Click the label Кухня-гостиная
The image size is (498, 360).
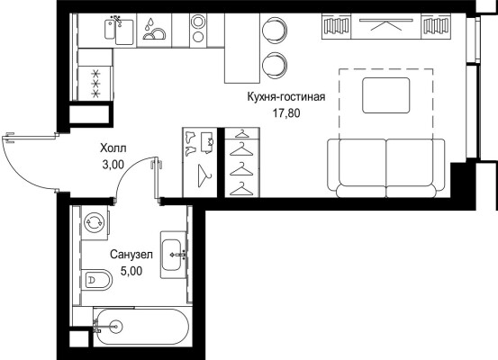click(x=286, y=97)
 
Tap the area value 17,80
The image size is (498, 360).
click(x=286, y=113)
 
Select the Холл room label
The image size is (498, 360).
click(x=113, y=148)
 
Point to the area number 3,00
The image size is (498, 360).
click(x=113, y=165)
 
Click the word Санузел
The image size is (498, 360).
click(x=131, y=255)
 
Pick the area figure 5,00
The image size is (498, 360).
click(x=131, y=271)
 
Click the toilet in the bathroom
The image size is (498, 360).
click(x=97, y=279)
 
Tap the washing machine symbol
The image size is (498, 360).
click(x=94, y=222)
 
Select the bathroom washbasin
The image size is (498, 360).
click(x=173, y=255)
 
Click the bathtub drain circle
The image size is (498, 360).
click(x=115, y=326)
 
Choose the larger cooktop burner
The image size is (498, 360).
click(x=198, y=22)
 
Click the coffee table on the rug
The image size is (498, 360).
click(x=386, y=95)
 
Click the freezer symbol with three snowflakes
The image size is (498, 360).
click(x=95, y=84)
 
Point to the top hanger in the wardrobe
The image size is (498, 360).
click(x=241, y=134)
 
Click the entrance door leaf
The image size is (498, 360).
click(x=32, y=138)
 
